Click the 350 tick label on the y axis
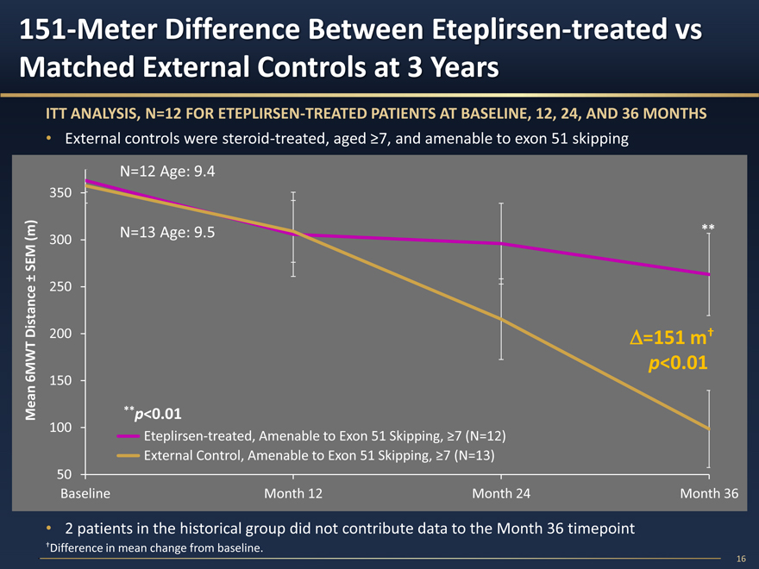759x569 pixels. click(x=60, y=192)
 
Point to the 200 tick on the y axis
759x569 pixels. click(x=60, y=334)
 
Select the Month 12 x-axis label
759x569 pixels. click(x=293, y=494)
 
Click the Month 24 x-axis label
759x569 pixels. click(x=501, y=494)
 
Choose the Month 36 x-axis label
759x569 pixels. click(x=709, y=494)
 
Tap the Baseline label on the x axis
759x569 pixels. click(x=85, y=494)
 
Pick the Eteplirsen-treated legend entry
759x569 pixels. click(x=324, y=436)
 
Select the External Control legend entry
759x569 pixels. click(x=318, y=455)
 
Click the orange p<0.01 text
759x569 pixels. click(x=678, y=364)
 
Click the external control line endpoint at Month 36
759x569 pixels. click(x=708, y=428)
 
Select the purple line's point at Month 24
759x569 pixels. click(x=501, y=244)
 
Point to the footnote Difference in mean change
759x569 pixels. click(x=155, y=548)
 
